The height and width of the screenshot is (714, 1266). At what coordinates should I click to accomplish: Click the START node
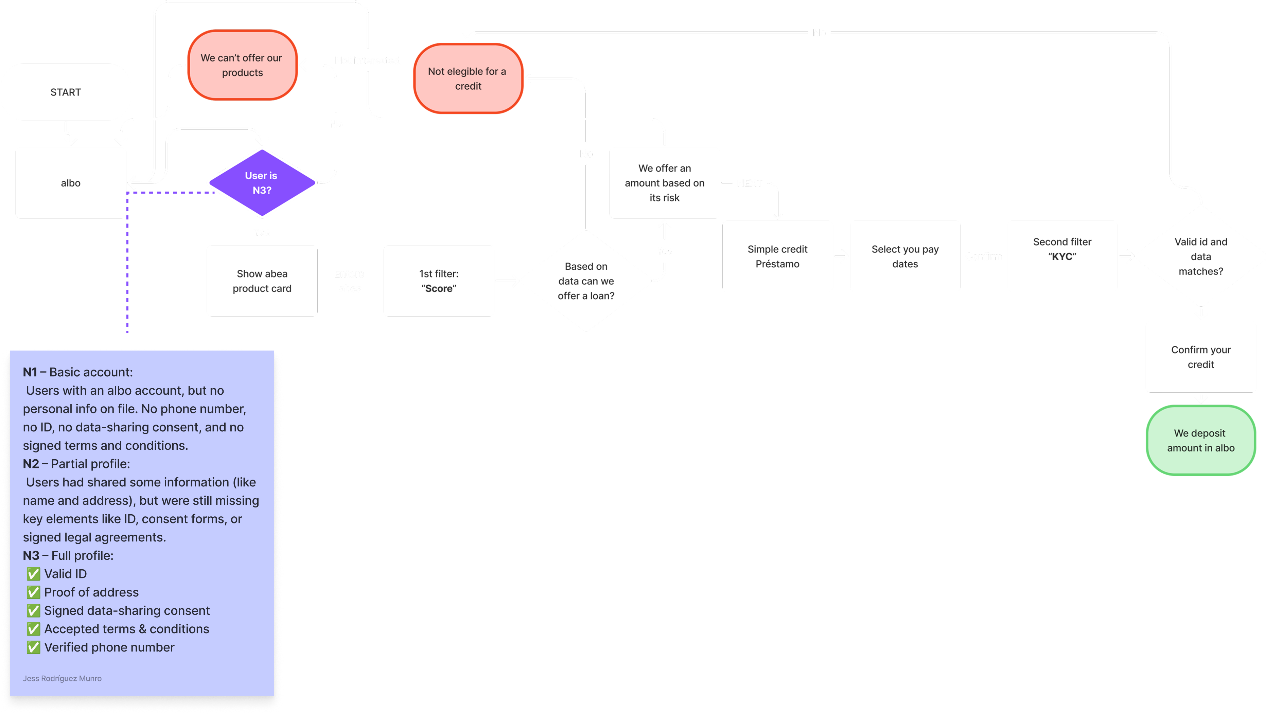66,92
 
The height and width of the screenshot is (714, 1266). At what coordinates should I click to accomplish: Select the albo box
71,183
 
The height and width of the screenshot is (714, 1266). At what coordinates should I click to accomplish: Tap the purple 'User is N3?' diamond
262,183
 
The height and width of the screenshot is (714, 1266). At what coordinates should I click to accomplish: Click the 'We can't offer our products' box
242,65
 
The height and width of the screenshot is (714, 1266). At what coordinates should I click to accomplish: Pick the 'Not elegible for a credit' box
468,78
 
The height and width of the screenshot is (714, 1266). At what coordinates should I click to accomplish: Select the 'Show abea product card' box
262,281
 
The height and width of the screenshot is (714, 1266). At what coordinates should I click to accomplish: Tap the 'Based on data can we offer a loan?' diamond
586,281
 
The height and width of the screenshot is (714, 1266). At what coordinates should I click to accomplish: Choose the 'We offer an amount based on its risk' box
665,183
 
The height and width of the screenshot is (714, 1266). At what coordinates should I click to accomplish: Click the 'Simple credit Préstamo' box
777,256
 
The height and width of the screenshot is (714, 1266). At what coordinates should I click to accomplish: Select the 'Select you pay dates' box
905,256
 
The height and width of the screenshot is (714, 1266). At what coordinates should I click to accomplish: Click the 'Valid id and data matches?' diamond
1201,256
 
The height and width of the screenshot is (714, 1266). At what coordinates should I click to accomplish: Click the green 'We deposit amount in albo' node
1201,440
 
